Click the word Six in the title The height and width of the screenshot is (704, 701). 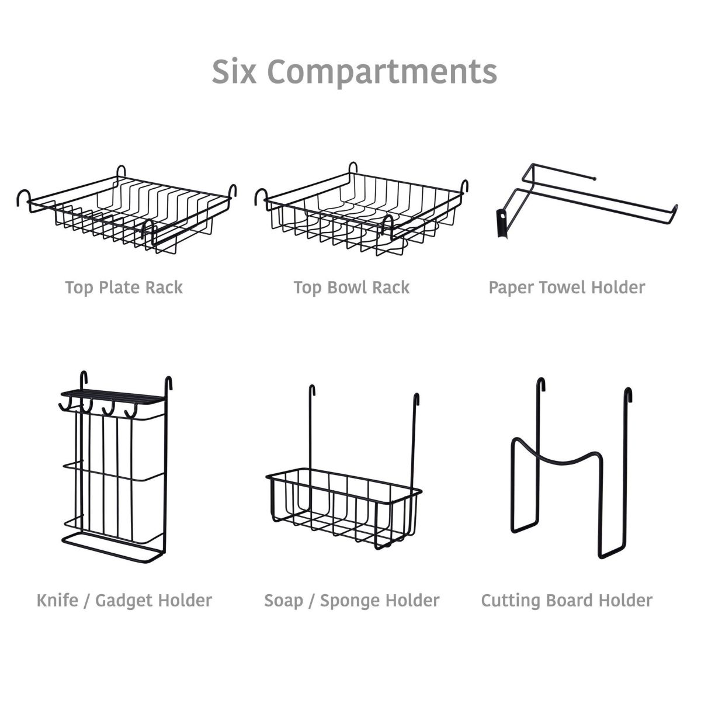click(234, 71)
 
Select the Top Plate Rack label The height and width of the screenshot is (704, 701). click(124, 287)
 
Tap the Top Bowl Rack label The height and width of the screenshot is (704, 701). click(351, 287)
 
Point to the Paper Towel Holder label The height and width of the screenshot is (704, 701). click(567, 287)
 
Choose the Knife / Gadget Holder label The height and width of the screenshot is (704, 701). click(124, 601)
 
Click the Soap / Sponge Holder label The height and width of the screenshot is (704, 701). click(351, 601)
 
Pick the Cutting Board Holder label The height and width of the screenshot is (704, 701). click(567, 601)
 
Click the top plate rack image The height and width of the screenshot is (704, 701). click(126, 213)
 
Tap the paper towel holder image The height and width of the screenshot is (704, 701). click(584, 199)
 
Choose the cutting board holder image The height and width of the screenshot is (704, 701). click(570, 473)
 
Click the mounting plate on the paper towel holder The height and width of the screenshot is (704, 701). click(501, 223)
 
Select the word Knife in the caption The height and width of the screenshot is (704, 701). click(57, 601)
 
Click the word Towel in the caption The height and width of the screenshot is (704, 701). click(563, 287)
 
